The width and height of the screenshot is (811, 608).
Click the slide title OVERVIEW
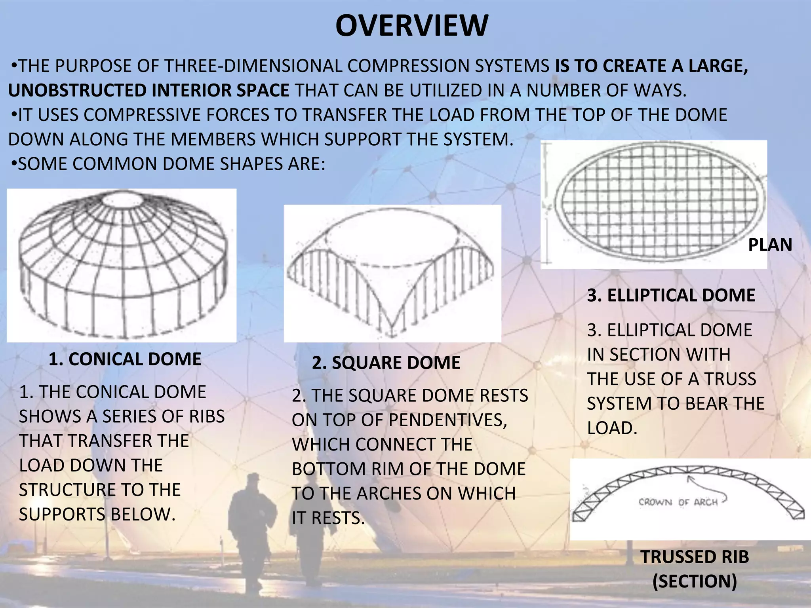(412, 26)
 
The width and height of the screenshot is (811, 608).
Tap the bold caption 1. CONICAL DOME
(125, 359)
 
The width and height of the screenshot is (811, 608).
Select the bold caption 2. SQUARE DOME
(386, 363)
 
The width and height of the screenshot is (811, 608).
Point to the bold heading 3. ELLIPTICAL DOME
(671, 295)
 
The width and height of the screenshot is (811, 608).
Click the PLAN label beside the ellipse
(770, 245)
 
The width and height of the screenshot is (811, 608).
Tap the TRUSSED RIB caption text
(695, 557)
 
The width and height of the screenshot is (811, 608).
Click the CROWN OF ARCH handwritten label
(678, 502)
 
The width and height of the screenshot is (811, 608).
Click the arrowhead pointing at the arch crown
(689, 478)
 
